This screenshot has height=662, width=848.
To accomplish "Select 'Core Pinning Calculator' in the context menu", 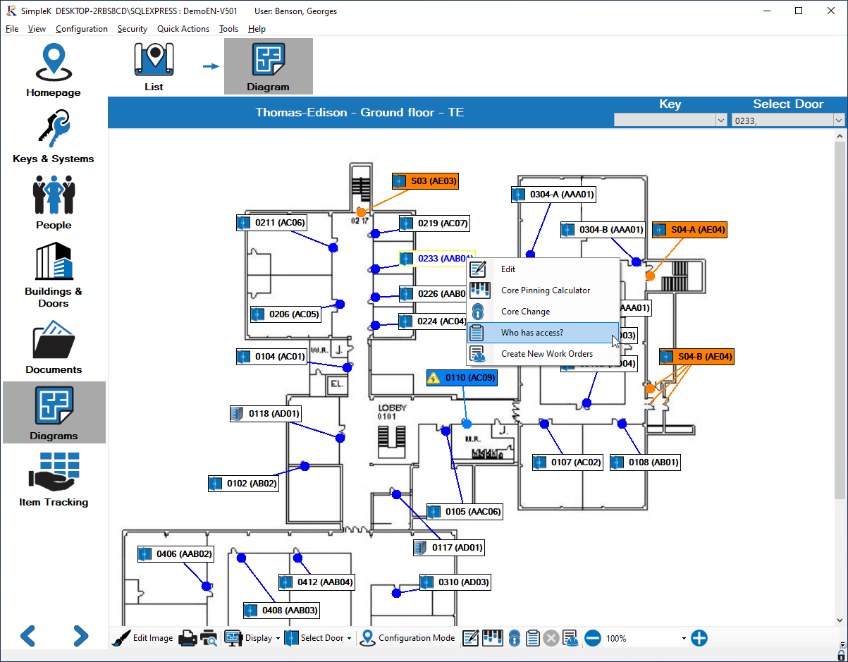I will (545, 290).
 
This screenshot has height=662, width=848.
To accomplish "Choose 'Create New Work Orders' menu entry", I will (546, 354).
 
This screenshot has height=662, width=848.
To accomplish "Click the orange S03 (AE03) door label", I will (426, 181).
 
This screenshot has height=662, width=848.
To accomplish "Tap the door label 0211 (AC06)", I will (271, 223).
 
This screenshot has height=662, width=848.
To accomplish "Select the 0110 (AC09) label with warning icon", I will (462, 379).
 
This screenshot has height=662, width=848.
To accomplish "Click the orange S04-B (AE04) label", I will (696, 357).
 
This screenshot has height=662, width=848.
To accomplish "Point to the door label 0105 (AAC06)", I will (465, 512).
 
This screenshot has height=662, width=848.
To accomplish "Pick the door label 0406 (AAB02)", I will (176, 554).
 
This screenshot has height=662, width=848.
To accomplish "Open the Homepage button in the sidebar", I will (54, 71).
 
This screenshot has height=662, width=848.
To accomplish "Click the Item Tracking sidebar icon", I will (54, 480).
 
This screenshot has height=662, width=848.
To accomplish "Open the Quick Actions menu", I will (183, 29).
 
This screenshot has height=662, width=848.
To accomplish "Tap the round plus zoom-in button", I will (699, 638).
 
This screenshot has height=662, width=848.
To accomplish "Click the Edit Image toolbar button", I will (143, 638).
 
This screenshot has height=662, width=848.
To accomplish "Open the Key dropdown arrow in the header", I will (720, 121).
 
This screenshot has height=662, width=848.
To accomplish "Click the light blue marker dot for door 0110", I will (467, 424).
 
